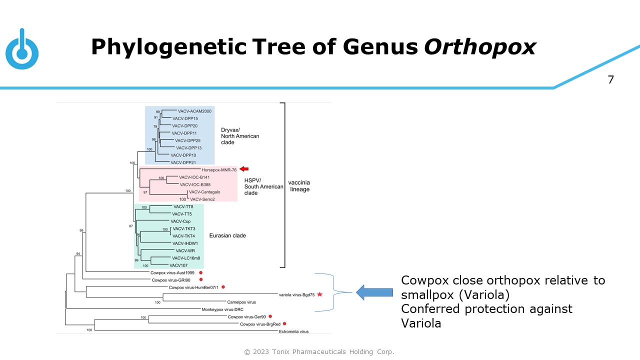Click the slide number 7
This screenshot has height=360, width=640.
pyautogui.click(x=610, y=79)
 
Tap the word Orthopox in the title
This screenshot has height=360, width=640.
pyautogui.click(x=480, y=47)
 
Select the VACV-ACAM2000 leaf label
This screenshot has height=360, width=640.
pyautogui.click(x=194, y=111)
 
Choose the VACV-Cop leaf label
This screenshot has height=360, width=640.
pyautogui.click(x=180, y=221)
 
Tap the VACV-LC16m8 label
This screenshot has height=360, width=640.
pyautogui.click(x=186, y=258)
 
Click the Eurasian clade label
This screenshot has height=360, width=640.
pyautogui.click(x=227, y=235)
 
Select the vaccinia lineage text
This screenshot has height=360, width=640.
pyautogui.click(x=299, y=185)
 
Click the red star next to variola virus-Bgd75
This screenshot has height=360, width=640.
pyautogui.click(x=320, y=294)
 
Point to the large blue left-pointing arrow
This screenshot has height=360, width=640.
pyautogui.click(x=374, y=292)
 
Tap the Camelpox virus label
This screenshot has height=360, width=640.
pyautogui.click(x=241, y=302)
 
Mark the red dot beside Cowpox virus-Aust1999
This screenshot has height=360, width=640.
pyautogui.click(x=200, y=272)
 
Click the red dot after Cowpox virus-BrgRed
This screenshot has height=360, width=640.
pyautogui.click(x=284, y=324)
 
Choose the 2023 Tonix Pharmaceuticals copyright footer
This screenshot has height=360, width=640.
pyautogui.click(x=319, y=352)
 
